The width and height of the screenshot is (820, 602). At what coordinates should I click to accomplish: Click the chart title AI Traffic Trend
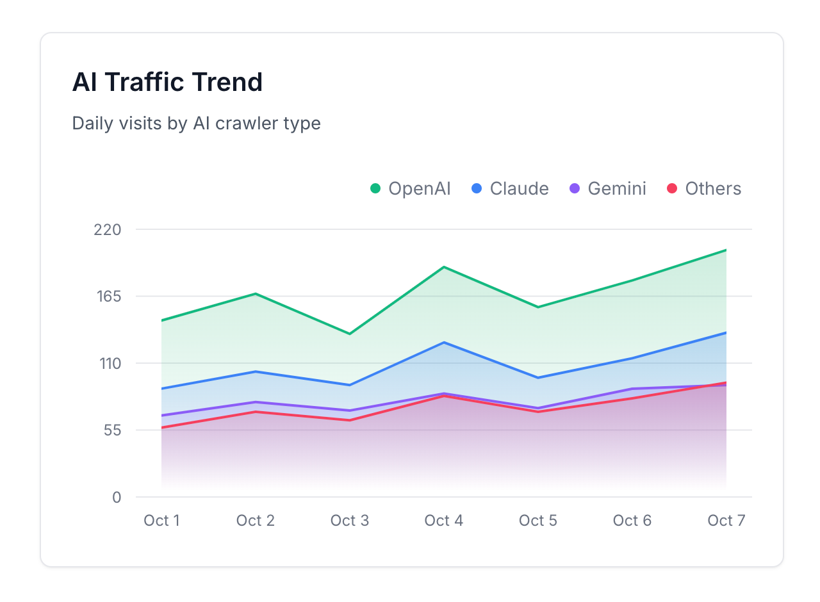coord(167,83)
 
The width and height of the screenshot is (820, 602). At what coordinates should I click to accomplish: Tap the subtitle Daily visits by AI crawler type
coord(196,123)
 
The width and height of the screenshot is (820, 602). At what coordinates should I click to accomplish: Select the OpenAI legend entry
coord(411,188)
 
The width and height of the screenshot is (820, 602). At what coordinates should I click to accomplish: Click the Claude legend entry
coord(510,188)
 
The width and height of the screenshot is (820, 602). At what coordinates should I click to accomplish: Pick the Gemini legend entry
coord(608,188)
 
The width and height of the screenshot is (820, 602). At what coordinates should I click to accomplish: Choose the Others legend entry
coord(704,188)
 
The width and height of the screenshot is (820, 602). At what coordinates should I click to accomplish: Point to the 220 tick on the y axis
coord(107,229)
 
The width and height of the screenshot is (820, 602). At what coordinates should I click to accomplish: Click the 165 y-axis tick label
coord(107,297)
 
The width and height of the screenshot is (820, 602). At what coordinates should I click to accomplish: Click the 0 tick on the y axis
coord(116,497)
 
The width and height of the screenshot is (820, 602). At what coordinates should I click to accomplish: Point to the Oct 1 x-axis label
coord(161,520)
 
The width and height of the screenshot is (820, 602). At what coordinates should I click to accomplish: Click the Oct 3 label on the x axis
coord(350,520)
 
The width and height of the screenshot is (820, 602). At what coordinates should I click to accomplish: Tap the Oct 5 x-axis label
coord(538,520)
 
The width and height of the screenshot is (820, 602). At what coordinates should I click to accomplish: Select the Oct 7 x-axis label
coord(726,520)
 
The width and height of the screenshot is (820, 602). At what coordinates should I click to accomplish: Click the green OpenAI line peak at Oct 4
coord(444,266)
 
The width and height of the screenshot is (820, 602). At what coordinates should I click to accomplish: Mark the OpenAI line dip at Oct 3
coord(350,334)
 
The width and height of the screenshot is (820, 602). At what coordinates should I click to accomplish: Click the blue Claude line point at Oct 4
coord(444,342)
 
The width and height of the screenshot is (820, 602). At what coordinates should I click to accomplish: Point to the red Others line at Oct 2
coord(256,412)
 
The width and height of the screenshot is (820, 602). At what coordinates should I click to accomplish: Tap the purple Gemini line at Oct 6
coord(632,389)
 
